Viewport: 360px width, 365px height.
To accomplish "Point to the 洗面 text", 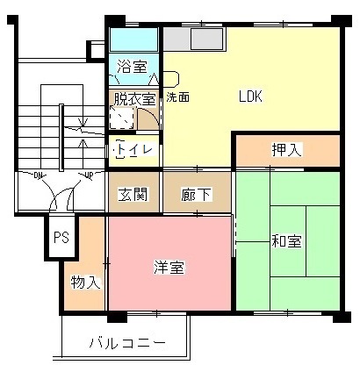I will tap(177, 97).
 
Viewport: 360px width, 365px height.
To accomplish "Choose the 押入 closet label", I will tap(287, 150).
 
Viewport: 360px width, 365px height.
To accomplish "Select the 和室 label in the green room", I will tap(286, 240).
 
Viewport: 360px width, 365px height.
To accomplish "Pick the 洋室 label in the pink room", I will tap(169, 268).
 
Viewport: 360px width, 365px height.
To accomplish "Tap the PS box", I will tap(61, 237).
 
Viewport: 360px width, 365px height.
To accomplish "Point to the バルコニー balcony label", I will tap(126, 341).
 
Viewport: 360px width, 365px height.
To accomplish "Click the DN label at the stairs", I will tap(39, 176).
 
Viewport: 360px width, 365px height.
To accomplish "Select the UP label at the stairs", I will tap(87, 176).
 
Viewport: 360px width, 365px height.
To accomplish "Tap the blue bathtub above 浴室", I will tap(133, 39).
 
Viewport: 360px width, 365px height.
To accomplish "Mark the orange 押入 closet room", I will tap(316, 150).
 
